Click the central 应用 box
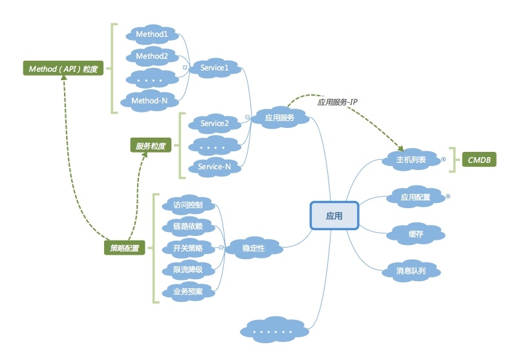[334, 215]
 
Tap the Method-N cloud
[149, 101]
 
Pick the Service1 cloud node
[215, 68]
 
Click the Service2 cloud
[215, 123]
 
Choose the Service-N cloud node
[215, 166]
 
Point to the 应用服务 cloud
[279, 118]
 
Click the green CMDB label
[479, 159]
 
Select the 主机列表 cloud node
[411, 160]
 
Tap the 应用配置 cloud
[415, 197]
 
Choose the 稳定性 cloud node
[253, 247]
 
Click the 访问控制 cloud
[188, 205]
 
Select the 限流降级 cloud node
[188, 270]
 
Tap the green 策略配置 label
[124, 248]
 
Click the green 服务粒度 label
[150, 146]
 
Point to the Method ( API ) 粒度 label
[63, 68]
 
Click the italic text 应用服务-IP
[338, 102]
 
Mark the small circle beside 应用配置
[448, 195]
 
